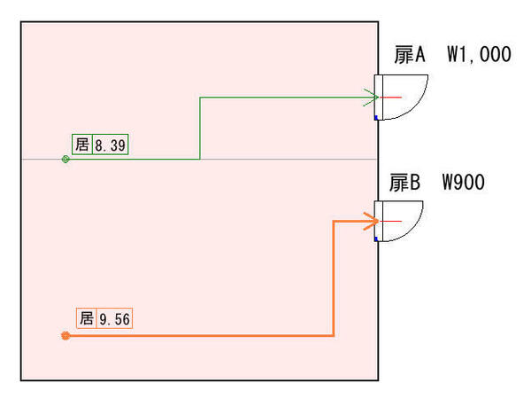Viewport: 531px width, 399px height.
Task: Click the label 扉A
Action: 409,55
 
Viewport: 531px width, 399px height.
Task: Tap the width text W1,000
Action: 479,55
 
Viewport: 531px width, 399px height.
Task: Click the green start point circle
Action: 65,160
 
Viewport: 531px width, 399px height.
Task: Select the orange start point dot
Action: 65,336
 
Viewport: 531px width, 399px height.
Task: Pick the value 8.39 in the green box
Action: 111,145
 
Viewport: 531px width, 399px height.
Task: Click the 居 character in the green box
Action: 82,145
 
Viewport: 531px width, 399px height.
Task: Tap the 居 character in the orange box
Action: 86,318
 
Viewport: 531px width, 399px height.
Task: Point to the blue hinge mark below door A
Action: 376,117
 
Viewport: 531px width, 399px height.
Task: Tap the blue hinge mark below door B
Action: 376,239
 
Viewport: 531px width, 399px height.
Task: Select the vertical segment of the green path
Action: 200,129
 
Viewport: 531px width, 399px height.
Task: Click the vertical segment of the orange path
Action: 333,279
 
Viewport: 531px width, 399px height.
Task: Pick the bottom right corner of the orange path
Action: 333,336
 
